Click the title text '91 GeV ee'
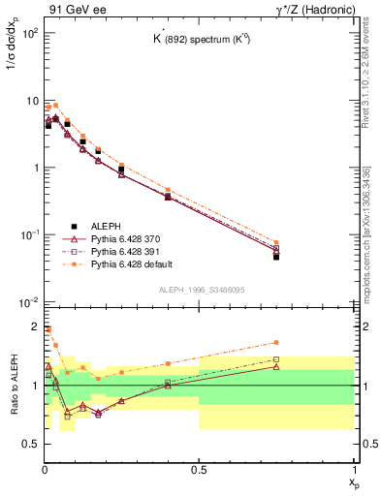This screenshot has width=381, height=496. tap(72, 9)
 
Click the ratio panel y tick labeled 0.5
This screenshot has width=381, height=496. tap(30, 445)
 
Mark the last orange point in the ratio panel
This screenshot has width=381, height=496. tap(276, 342)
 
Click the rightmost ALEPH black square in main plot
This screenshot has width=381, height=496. tap(276, 257)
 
